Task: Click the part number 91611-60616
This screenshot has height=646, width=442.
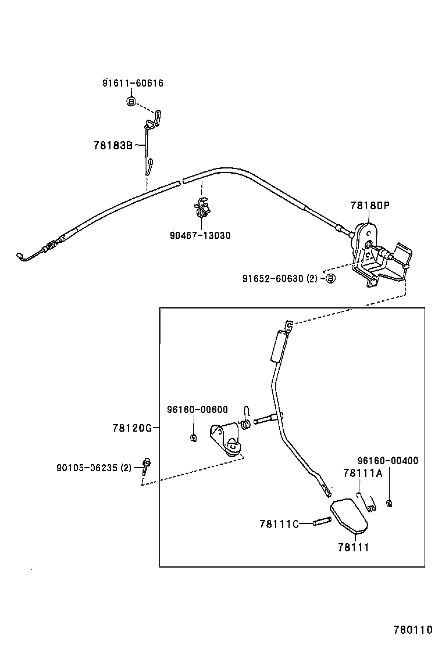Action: pos(133,83)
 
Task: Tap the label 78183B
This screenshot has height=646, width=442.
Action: pos(113,145)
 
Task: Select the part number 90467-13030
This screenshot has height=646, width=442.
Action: pos(200,235)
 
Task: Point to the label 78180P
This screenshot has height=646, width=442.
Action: pos(369,205)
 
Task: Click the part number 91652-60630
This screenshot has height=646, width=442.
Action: pos(273,278)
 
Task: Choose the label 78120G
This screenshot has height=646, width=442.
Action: pos(132,428)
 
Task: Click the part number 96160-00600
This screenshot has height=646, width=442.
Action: pos(198,409)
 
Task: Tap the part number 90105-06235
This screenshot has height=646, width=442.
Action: pos(87,466)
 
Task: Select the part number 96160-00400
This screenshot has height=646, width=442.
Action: pos(387,461)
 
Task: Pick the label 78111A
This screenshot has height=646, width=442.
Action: pos(362,473)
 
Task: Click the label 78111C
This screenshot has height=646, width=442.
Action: pos(279,524)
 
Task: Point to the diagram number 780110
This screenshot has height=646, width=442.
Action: pos(414,630)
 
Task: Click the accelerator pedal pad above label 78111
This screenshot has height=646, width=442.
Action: pos(348,514)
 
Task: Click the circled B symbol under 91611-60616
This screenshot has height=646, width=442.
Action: pos(131,102)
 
